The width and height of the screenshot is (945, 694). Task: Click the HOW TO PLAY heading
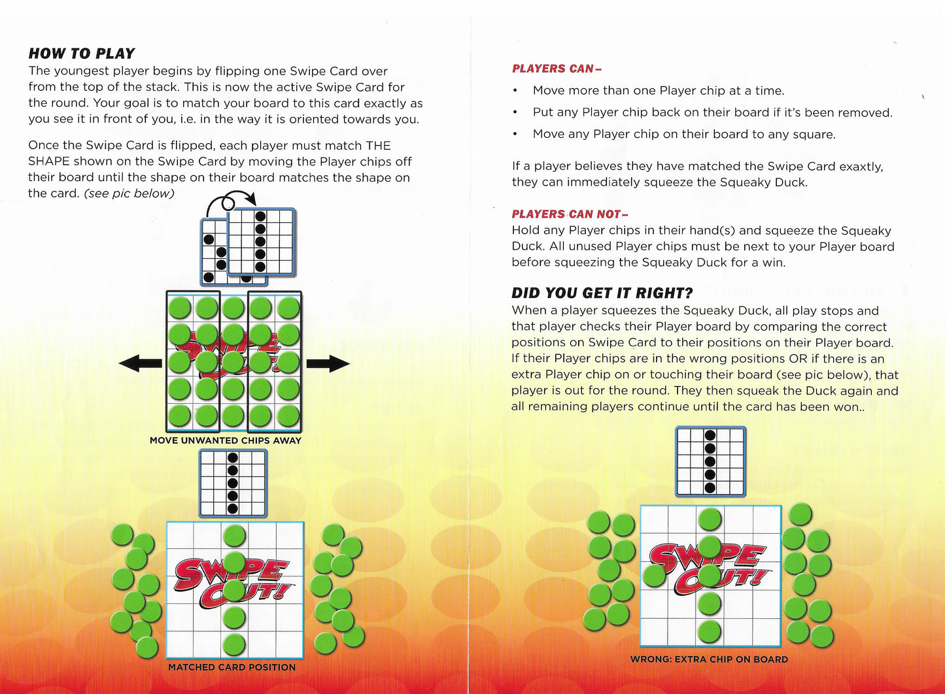click(x=82, y=54)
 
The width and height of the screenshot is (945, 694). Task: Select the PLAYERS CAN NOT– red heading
click(x=569, y=214)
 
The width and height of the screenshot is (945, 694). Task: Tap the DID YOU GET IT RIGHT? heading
click(x=602, y=293)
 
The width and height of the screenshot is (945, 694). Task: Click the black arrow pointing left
click(x=140, y=363)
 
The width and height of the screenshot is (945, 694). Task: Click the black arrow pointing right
click(x=328, y=363)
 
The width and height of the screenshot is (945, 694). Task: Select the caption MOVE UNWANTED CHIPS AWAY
click(x=226, y=440)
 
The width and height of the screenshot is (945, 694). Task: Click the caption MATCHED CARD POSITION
click(x=232, y=667)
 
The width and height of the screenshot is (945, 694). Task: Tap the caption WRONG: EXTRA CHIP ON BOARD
click(x=709, y=659)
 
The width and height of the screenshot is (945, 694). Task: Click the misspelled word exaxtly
click(x=857, y=167)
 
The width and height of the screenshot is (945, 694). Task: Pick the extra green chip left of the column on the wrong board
click(x=654, y=575)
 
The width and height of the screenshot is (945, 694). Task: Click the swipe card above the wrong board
click(x=710, y=461)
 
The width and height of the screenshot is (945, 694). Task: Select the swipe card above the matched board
click(x=233, y=483)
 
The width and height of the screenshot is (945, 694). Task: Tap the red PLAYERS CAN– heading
click(x=557, y=69)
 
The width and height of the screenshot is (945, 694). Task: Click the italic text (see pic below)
click(x=129, y=193)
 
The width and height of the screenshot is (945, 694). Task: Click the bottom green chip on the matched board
click(x=233, y=644)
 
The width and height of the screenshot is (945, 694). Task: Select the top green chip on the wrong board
click(x=710, y=520)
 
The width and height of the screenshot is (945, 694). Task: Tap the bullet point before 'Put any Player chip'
click(x=515, y=113)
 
